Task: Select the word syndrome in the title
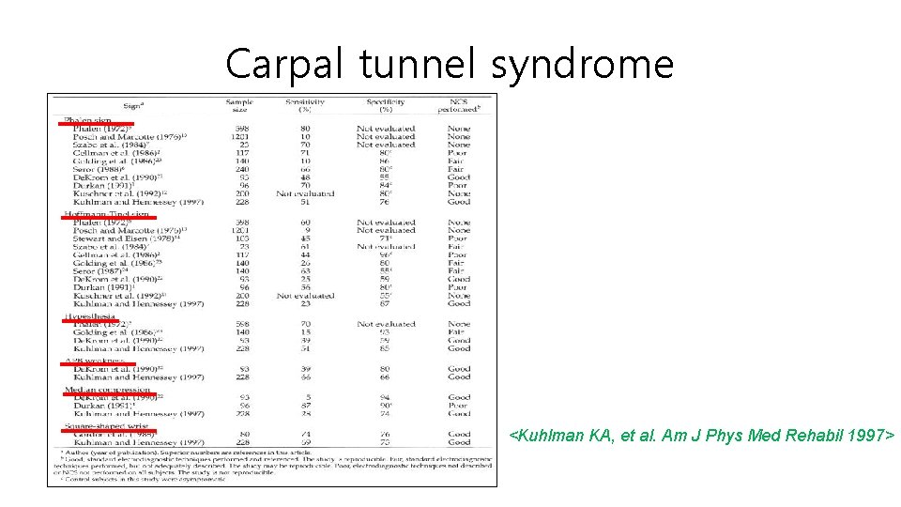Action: (582, 64)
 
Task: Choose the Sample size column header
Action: (239, 105)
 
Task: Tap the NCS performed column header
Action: (459, 105)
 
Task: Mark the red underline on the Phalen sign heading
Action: (99, 123)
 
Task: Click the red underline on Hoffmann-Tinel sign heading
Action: (106, 217)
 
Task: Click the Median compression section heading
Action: (106, 389)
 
